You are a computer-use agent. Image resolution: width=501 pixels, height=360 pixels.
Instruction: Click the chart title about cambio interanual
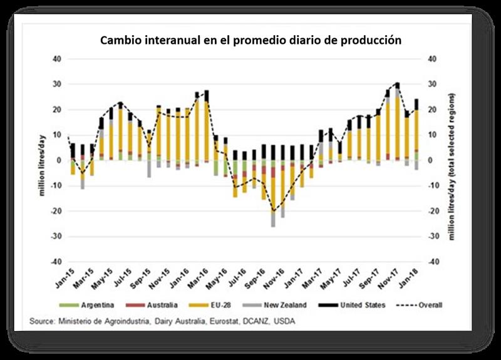[x=250, y=40]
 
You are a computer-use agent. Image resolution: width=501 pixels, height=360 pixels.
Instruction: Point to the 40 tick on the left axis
[x=56, y=59]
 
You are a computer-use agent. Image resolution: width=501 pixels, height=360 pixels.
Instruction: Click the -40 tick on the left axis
[x=55, y=262]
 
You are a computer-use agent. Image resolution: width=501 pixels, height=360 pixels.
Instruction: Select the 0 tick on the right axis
[x=430, y=161]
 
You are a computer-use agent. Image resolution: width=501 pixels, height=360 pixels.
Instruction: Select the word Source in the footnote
[x=42, y=321]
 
